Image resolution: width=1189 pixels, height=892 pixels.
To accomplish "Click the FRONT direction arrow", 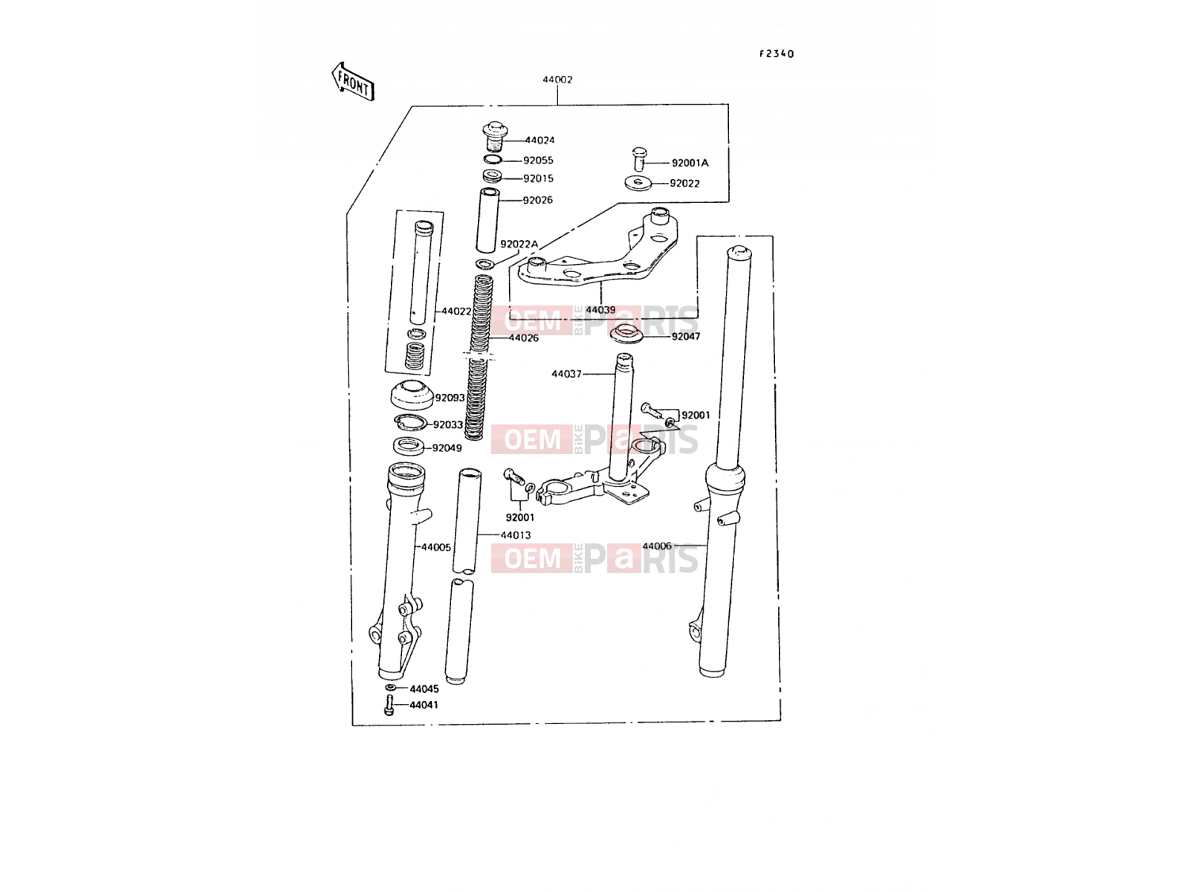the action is pyautogui.click(x=353, y=82).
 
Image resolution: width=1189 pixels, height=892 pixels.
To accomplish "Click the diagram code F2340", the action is pyautogui.click(x=777, y=54).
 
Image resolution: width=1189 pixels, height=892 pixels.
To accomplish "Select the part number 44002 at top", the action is pyautogui.click(x=557, y=80).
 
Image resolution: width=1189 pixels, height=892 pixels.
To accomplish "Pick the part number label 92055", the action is pyautogui.click(x=538, y=161).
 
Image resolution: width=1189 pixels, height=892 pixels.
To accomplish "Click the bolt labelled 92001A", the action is pyautogui.click(x=639, y=158).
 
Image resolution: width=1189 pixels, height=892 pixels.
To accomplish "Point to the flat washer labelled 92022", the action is pyautogui.click(x=639, y=183).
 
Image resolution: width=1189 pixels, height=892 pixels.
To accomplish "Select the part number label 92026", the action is pyautogui.click(x=537, y=200).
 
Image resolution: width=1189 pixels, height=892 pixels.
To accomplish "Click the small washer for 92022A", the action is pyautogui.click(x=485, y=264).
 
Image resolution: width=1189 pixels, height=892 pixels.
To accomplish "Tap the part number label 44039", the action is pyautogui.click(x=600, y=310).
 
